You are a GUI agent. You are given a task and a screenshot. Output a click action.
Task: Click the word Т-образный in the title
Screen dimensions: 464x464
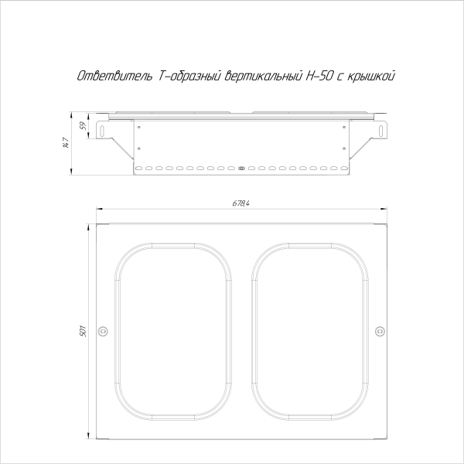pyautogui.click(x=180, y=76)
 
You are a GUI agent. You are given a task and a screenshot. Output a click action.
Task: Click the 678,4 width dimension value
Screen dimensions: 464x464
pyautogui.click(x=241, y=203)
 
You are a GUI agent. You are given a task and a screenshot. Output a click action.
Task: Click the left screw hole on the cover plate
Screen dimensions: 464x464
pyautogui.click(x=104, y=332)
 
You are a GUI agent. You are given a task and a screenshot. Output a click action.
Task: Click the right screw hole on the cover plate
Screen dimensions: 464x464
pyautogui.click(x=379, y=332)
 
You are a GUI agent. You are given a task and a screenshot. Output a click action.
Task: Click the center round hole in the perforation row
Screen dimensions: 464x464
pyautogui.click(x=241, y=168)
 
